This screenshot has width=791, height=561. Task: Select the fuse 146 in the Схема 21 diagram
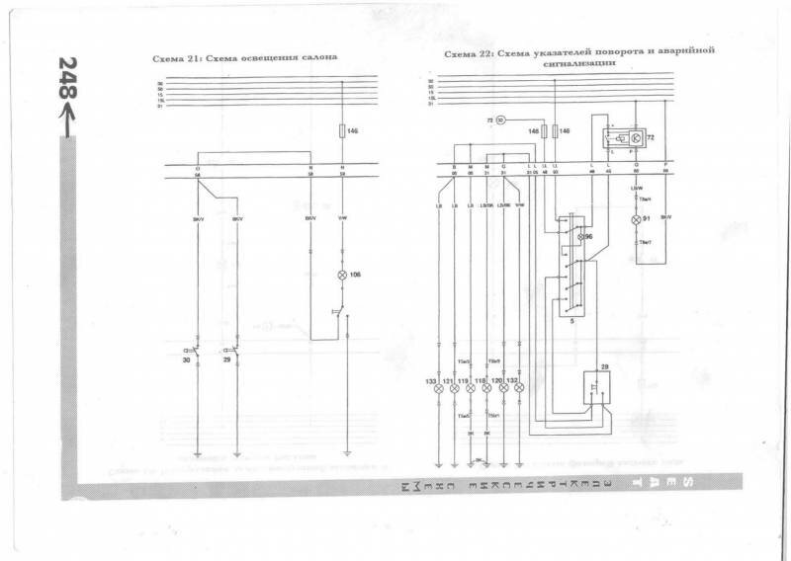343,130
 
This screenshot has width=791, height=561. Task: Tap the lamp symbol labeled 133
438,389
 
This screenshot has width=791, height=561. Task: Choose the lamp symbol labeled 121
454,389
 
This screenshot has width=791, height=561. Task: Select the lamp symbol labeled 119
471,389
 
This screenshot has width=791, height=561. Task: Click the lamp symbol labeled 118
487,389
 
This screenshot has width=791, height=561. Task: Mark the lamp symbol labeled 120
504,389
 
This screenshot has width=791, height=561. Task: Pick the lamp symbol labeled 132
520,389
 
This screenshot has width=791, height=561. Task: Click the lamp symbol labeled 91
637,219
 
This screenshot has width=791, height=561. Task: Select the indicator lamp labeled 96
580,237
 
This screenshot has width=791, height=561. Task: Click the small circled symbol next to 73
499,120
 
